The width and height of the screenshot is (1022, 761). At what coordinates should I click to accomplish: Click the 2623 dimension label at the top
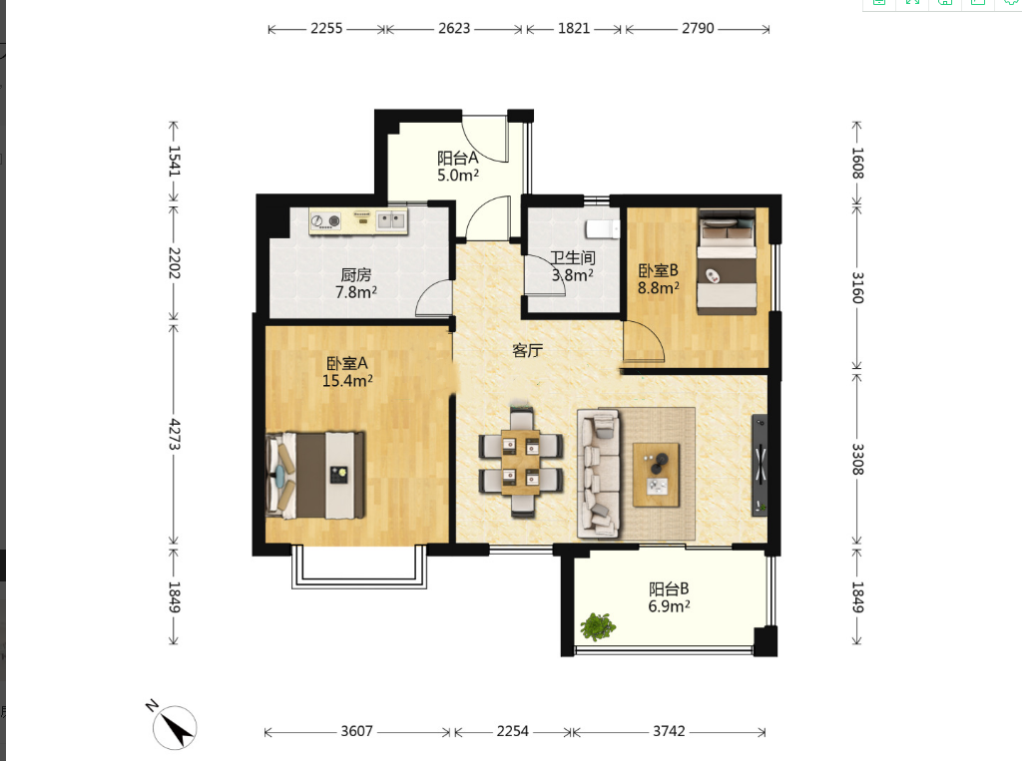coord(454,28)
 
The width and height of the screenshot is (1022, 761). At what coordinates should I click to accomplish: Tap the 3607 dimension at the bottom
coord(356,731)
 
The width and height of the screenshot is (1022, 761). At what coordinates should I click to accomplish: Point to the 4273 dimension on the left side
coord(174,434)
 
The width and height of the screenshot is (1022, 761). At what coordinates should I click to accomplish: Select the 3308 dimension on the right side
coord(857,459)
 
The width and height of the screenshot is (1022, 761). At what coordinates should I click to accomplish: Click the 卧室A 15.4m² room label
coord(347,371)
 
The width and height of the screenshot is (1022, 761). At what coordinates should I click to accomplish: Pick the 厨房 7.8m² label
coord(356,283)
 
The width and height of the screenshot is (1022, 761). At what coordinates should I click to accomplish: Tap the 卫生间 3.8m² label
coord(572,266)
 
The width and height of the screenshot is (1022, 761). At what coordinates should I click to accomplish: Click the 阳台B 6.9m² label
coord(669,597)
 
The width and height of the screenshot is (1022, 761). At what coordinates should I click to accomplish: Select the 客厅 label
coord(527,350)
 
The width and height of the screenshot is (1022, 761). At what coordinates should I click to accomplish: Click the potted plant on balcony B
coord(598,626)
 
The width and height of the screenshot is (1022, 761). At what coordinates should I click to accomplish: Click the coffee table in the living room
coord(657,475)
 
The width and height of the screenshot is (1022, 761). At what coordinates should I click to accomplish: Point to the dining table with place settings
coord(520,463)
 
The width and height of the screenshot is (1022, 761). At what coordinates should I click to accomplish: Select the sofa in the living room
coord(599,474)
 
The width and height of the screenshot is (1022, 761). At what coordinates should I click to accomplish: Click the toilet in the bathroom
coord(602,228)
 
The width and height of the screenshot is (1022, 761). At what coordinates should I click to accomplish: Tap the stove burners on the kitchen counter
coord(325,221)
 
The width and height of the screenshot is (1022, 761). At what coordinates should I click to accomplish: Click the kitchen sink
coord(391,219)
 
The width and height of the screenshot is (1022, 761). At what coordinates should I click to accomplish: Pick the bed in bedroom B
coord(727,261)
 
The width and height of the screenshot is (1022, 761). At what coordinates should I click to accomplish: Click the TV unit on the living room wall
coord(760,465)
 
